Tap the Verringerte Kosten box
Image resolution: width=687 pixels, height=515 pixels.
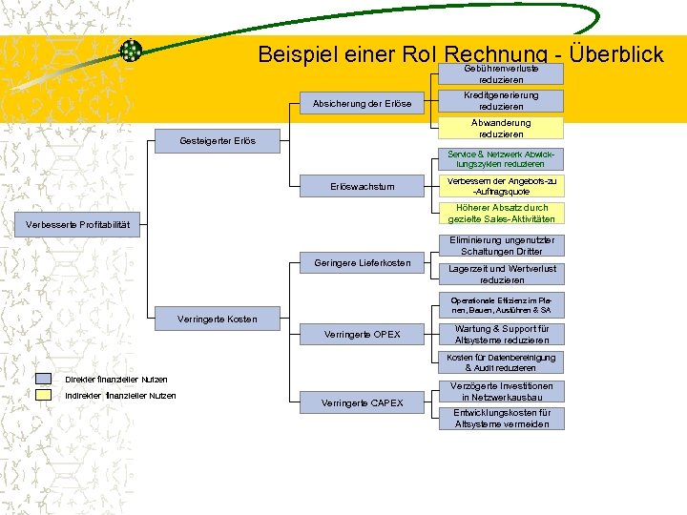click(217, 319)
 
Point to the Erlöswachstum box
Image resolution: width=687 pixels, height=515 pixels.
click(362, 187)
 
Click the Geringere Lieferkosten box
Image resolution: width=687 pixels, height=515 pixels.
click(362, 262)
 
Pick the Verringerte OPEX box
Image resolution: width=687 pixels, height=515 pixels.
click(362, 335)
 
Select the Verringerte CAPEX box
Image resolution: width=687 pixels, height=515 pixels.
click(362, 403)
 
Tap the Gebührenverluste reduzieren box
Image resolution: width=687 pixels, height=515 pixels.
click(501, 74)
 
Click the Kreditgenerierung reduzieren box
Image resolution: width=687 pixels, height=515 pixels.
click(501, 101)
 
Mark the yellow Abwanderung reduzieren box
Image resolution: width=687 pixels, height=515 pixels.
click(501, 129)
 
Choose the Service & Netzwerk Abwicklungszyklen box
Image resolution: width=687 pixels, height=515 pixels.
click(501, 159)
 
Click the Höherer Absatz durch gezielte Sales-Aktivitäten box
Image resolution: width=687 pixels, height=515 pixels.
click(501, 214)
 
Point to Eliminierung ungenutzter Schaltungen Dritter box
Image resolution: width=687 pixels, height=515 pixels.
click(501, 246)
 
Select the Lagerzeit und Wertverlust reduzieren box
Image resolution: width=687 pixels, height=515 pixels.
click(501, 275)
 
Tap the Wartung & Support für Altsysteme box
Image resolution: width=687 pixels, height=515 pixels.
click(501, 335)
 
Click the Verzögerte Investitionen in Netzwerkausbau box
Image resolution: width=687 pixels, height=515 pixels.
click(501, 391)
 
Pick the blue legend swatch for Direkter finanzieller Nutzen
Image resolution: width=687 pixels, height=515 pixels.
click(44, 380)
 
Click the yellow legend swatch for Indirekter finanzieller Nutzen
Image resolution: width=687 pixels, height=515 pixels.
click(44, 395)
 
